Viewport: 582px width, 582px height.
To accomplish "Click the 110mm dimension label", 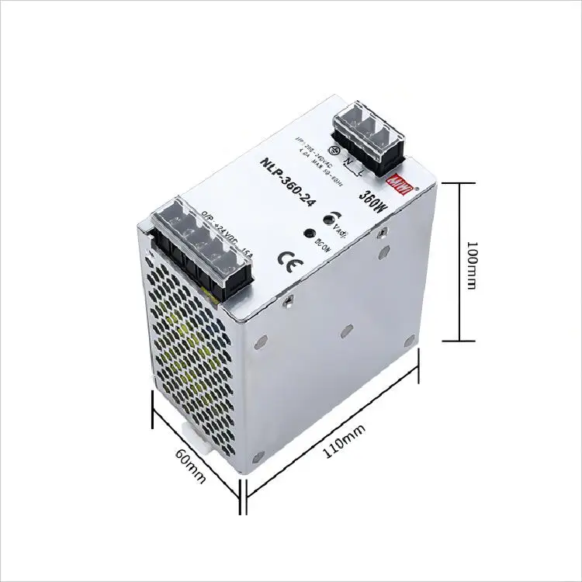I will pos(342,445).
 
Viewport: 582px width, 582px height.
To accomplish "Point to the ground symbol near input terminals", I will pos(338,153).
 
